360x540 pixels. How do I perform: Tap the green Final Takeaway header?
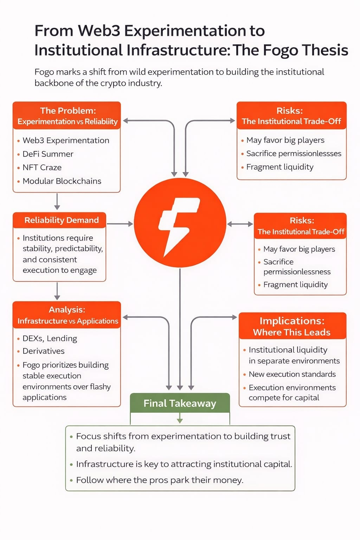[180, 403]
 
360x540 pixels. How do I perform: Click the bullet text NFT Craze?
[42, 167]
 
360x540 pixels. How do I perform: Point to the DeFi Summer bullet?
[48, 154]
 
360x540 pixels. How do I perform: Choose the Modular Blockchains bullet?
[62, 181]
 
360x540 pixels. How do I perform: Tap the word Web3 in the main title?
[99, 31]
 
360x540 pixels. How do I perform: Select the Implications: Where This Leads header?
[292, 326]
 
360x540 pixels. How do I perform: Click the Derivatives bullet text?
[43, 351]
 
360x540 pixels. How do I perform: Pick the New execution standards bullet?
[292, 374]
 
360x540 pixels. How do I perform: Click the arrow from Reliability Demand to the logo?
[120, 224]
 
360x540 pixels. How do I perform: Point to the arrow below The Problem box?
[57, 201]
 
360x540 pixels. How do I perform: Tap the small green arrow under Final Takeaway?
[180, 418]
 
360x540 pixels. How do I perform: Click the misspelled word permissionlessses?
[310, 154]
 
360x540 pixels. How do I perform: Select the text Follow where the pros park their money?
[160, 480]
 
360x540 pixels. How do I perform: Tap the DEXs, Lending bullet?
[50, 339]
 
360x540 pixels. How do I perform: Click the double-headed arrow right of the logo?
[240, 224]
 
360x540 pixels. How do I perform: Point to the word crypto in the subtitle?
[113, 83]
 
